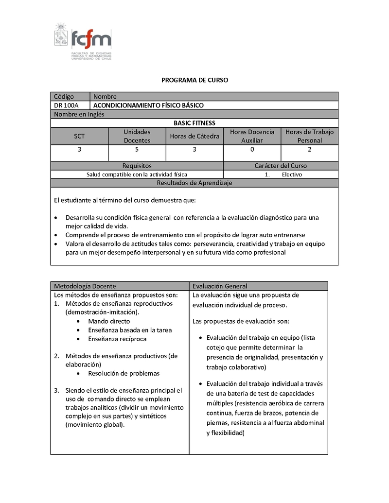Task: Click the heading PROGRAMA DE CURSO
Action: pyautogui.click(x=194, y=80)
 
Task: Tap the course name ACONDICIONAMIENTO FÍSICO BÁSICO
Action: pyautogui.click(x=148, y=105)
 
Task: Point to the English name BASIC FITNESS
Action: pyautogui.click(x=194, y=123)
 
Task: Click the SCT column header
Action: pyautogui.click(x=79, y=137)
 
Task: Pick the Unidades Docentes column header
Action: pyautogui.click(x=137, y=137)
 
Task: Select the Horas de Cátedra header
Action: pyautogui.click(x=194, y=137)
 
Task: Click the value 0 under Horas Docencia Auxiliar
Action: pyautogui.click(x=252, y=150)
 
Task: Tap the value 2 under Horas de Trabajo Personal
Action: pyautogui.click(x=310, y=150)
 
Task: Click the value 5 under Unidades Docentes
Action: pyautogui.click(x=137, y=150)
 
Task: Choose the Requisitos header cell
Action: pyautogui.click(x=137, y=166)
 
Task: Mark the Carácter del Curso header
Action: pyautogui.click(x=281, y=166)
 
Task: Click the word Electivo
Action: pyautogui.click(x=292, y=174)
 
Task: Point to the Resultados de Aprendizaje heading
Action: pyautogui.click(x=194, y=183)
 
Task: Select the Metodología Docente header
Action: pyautogui.click(x=85, y=286)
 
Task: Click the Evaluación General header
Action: pyautogui.click(x=220, y=286)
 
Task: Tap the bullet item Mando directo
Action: pyautogui.click(x=109, y=321)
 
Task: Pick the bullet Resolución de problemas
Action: pyautogui.click(x=124, y=374)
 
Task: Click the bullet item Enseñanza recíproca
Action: pyautogui.click(x=117, y=339)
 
